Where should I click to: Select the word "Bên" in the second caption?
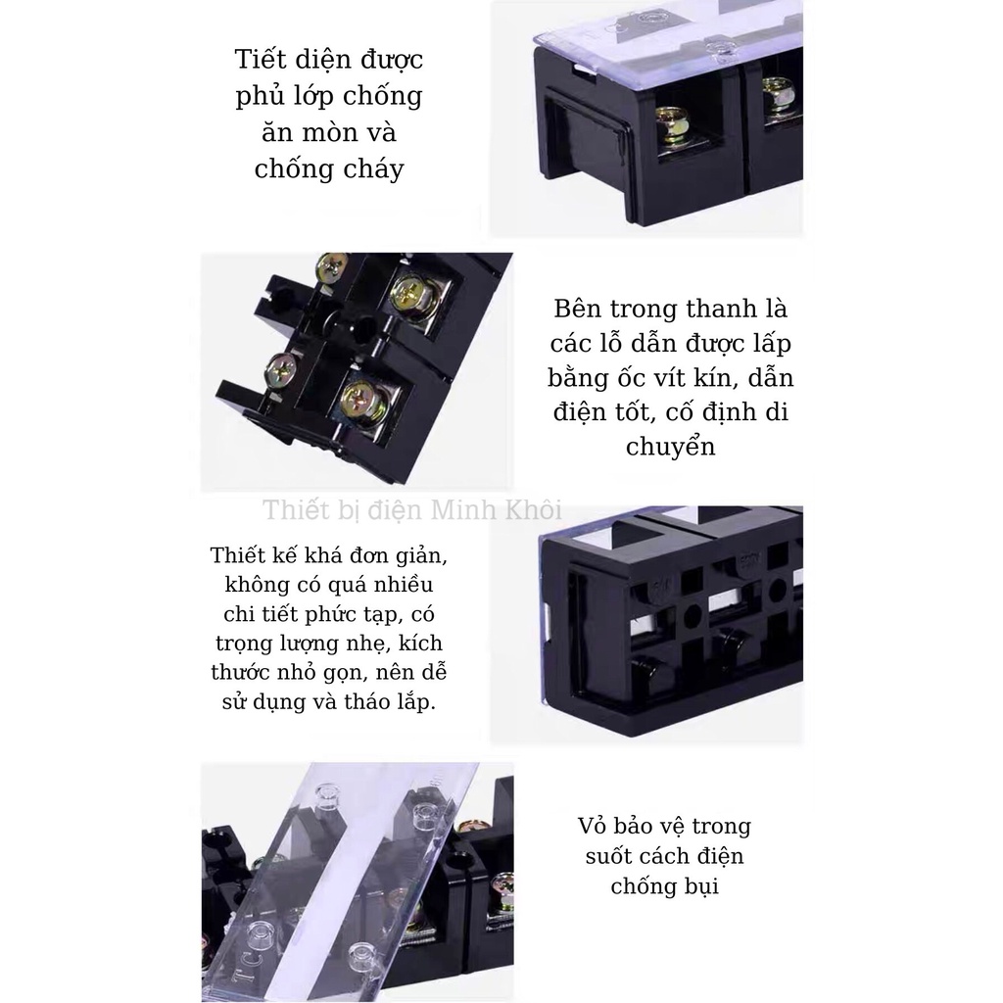[577, 309]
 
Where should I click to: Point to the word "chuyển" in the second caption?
[670, 447]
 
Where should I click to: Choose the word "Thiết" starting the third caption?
[237, 554]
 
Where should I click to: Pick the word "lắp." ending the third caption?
[416, 702]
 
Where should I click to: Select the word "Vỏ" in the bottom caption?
[592, 826]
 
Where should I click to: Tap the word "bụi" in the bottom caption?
[701, 886]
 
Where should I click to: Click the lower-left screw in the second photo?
[280, 369]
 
